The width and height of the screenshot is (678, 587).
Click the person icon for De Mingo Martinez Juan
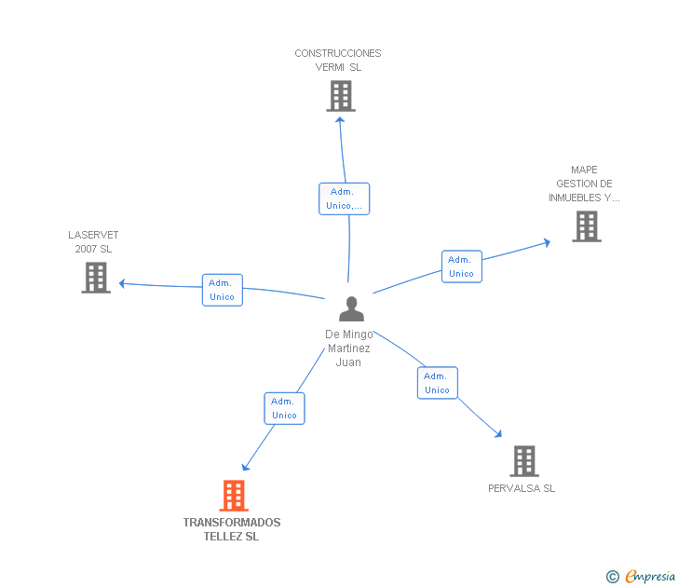[351, 308]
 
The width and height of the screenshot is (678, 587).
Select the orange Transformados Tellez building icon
[234, 496]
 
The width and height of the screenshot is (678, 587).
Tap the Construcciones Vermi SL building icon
[341, 96]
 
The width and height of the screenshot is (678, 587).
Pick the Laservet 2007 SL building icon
[96, 278]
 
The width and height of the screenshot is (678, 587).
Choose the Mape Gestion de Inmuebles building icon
[586, 226]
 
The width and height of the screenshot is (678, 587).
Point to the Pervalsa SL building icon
[524, 461]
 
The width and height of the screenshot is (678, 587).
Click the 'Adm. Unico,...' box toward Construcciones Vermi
[345, 198]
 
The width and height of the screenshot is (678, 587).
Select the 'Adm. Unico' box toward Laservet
[223, 290]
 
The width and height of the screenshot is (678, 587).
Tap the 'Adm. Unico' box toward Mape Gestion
[461, 266]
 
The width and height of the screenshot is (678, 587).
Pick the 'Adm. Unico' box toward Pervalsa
[437, 383]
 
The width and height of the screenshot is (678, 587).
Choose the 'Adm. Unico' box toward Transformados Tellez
[284, 408]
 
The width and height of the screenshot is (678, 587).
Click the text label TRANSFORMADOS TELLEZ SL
[232, 529]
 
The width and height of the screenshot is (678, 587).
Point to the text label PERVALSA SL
[522, 488]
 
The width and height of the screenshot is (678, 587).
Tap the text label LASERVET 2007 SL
[93, 242]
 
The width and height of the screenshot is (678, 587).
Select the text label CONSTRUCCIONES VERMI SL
[338, 61]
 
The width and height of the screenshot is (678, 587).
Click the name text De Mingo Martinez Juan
[349, 348]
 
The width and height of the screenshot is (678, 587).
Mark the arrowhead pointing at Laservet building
[122, 283]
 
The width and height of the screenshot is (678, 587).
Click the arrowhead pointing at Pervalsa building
[498, 433]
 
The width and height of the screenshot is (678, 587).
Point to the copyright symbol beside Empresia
[612, 577]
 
